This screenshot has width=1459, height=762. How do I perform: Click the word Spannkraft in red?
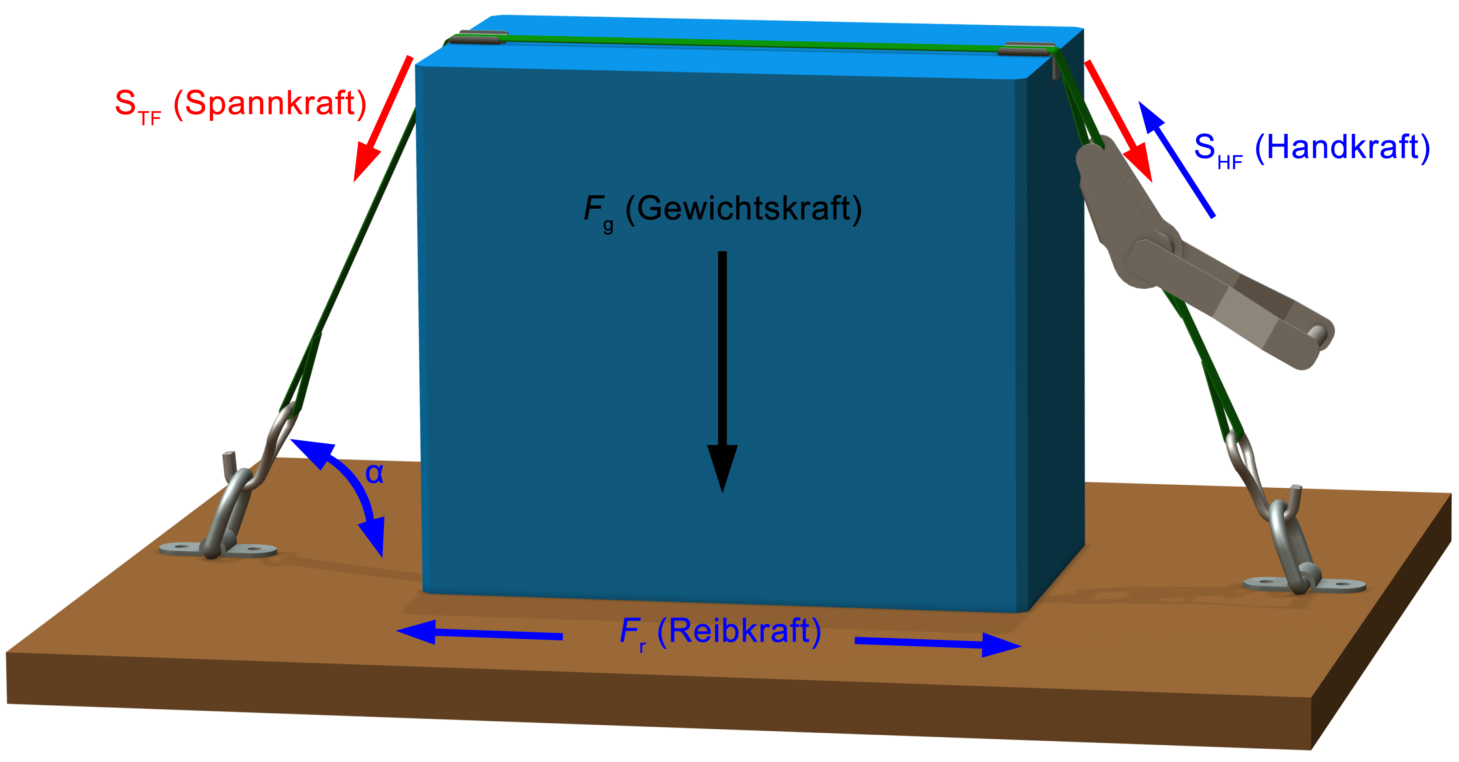pyautogui.click(x=270, y=104)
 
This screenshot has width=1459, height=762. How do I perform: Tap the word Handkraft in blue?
pyautogui.click(x=1342, y=147)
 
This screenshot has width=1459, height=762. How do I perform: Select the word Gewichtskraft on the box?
pyautogui.click(x=743, y=209)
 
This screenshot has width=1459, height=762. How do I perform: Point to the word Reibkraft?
pyautogui.click(x=739, y=630)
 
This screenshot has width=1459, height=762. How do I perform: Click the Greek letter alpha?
pyautogui.click(x=374, y=473)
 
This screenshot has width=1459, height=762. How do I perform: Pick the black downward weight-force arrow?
pyautogui.click(x=722, y=368)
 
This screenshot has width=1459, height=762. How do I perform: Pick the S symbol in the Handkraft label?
pyautogui.click(x=1205, y=147)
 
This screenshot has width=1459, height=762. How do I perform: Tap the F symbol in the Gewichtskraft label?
pyautogui.click(x=593, y=209)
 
